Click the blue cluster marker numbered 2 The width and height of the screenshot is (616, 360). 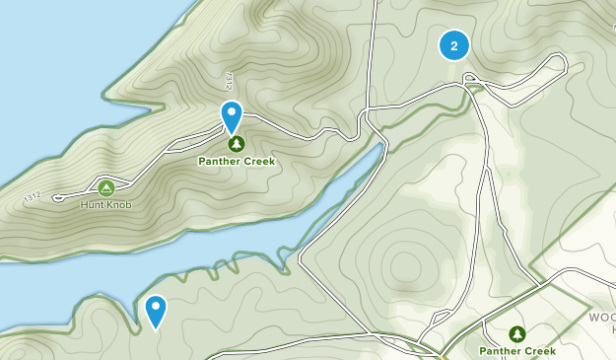point(453,45)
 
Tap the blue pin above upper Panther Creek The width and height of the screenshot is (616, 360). point(232,114)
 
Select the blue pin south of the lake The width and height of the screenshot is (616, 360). point(156,310)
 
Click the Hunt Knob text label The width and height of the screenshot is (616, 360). point(106,204)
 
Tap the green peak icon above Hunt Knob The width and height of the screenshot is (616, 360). point(106,187)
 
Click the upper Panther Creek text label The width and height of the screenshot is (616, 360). point(236,161)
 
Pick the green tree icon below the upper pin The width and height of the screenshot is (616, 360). point(236,144)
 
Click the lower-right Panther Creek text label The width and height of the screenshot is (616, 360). point(517,351)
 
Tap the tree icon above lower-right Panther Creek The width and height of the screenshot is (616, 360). point(517,334)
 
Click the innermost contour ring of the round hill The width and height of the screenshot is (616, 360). point(405,266)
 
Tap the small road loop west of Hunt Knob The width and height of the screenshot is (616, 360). point(57,196)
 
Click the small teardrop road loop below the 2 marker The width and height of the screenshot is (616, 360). point(470,78)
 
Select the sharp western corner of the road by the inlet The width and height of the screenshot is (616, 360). point(300,262)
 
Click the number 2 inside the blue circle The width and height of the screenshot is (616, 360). point(453,45)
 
